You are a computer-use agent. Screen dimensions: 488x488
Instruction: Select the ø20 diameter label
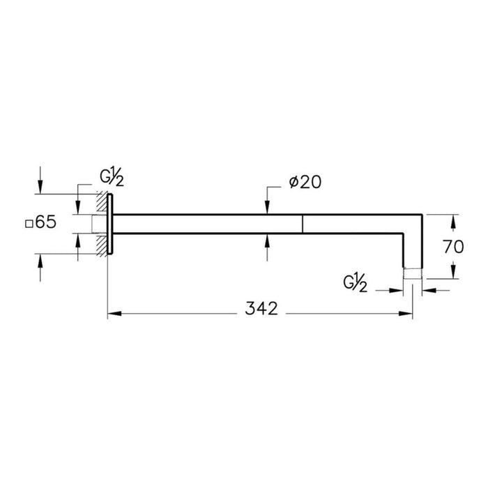(304, 182)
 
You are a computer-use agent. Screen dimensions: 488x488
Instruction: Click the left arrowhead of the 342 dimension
(112, 313)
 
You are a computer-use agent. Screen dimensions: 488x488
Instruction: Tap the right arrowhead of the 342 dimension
(408, 313)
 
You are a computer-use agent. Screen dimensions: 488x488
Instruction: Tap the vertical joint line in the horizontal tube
(302, 224)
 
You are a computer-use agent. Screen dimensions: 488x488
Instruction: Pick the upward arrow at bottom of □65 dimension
(40, 260)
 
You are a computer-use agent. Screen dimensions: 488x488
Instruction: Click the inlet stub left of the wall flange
(98, 224)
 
